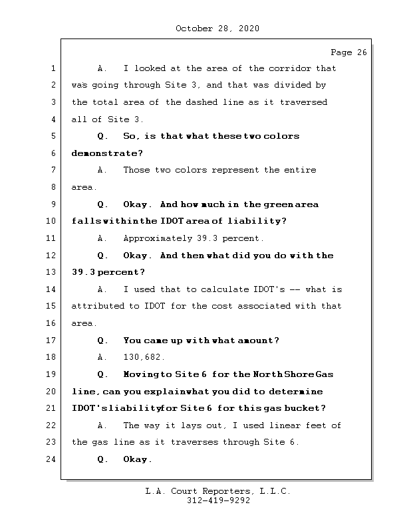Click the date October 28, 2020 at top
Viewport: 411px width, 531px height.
217,29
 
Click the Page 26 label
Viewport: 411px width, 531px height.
348,52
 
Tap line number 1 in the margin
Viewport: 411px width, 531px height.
52,68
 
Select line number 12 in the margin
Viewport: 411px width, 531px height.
52,256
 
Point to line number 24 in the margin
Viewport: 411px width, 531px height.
52,459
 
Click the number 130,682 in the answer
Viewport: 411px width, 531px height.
144,357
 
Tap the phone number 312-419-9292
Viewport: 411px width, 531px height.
218,501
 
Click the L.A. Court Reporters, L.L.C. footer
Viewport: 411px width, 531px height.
218,491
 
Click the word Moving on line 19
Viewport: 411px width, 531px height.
140,374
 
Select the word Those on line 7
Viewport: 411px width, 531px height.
136,170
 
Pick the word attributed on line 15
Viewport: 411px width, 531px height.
98,306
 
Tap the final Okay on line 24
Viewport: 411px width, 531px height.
138,459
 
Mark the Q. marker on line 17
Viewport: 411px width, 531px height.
102,341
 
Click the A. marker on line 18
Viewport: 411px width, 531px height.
102,357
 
